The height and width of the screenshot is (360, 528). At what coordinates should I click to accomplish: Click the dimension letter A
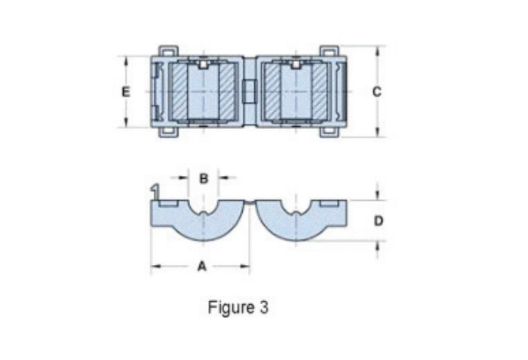(x=201, y=266)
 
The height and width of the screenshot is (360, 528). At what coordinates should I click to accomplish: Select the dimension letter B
(x=204, y=178)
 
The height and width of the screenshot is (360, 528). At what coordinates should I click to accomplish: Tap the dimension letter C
(x=376, y=91)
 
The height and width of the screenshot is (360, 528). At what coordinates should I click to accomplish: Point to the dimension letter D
(x=379, y=220)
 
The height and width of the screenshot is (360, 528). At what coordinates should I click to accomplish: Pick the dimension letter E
(x=126, y=91)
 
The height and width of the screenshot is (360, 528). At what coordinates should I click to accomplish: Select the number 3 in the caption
(x=263, y=308)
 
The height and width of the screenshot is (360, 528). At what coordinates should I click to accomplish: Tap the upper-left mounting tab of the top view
(x=168, y=51)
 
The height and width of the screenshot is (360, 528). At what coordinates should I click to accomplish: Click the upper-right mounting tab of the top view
(x=329, y=51)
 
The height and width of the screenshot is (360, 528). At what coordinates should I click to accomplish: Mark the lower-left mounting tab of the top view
(x=168, y=131)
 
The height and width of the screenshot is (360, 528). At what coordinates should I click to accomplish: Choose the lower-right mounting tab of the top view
(x=329, y=131)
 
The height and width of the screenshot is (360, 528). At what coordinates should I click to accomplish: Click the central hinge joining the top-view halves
(x=250, y=91)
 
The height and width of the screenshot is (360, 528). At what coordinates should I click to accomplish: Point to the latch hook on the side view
(x=155, y=189)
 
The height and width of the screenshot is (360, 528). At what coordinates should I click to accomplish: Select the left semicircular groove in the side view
(x=204, y=207)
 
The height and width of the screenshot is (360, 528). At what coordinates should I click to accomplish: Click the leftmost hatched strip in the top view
(x=179, y=91)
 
